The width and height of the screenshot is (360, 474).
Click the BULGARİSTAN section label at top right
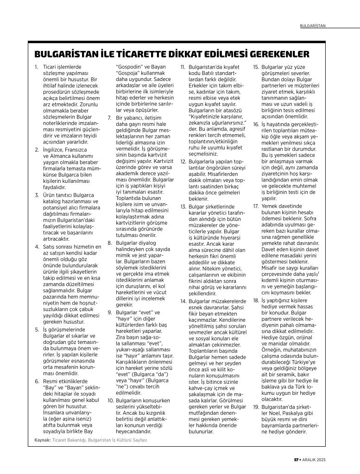pyautogui.click(x=313, y=26)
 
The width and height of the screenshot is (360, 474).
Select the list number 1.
pyautogui.click(x=37, y=67)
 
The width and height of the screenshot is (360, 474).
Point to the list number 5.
pyautogui.click(x=37, y=330)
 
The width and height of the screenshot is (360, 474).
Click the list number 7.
pyautogui.click(x=109, y=118)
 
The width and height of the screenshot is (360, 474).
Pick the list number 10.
pyautogui.click(x=110, y=400)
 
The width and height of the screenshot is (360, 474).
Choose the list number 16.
pyautogui.click(x=256, y=125)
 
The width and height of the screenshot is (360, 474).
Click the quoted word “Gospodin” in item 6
pyautogui.click(x=129, y=67)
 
